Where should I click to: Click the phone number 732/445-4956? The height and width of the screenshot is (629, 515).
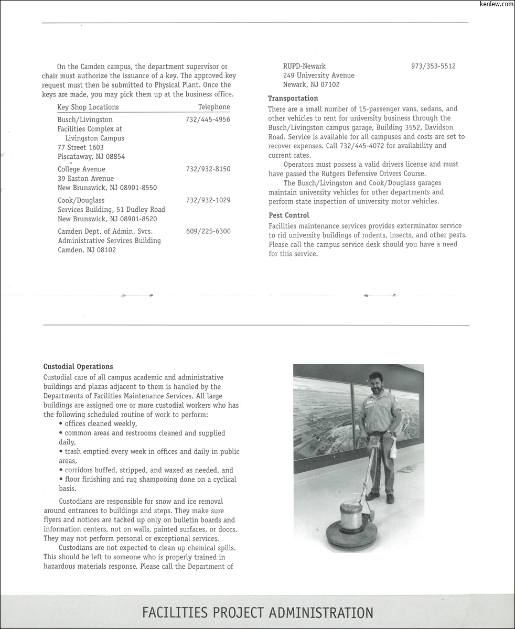point(208,120)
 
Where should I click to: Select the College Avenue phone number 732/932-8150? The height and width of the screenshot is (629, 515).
point(208,169)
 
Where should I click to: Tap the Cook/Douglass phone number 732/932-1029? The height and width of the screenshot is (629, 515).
point(208,200)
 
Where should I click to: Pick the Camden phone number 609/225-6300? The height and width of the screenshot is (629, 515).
point(208,231)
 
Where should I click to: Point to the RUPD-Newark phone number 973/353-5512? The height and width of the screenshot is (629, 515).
point(433,66)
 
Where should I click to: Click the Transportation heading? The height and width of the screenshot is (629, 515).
point(293,99)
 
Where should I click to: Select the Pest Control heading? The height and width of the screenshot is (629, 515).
point(288,215)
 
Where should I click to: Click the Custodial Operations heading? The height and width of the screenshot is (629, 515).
point(78,367)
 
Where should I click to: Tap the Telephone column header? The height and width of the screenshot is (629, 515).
point(214,107)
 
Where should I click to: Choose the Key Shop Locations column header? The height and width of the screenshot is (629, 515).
point(88,107)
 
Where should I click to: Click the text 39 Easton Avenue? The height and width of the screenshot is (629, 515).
point(85,179)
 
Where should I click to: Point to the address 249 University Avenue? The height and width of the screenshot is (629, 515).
point(318,75)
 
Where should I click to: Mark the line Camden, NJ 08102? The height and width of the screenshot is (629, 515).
point(87,250)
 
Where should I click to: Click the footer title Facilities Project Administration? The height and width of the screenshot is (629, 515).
point(257,613)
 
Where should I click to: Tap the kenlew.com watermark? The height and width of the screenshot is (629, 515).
point(496,4)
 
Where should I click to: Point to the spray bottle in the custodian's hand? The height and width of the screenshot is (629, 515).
point(393,448)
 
